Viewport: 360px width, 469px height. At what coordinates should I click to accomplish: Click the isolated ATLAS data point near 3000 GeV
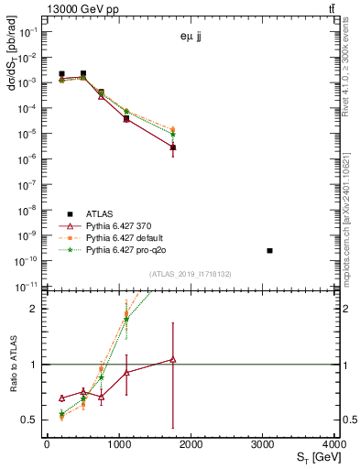269,250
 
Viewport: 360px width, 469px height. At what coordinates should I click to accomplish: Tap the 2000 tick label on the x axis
191,444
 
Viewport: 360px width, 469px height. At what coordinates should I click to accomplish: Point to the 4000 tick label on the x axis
334,444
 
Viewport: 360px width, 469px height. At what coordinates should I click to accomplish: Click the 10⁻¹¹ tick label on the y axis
28,287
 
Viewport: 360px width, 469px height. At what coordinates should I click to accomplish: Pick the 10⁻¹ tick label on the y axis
28,31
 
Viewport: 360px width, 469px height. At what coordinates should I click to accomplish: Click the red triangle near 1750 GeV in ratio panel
172,360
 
